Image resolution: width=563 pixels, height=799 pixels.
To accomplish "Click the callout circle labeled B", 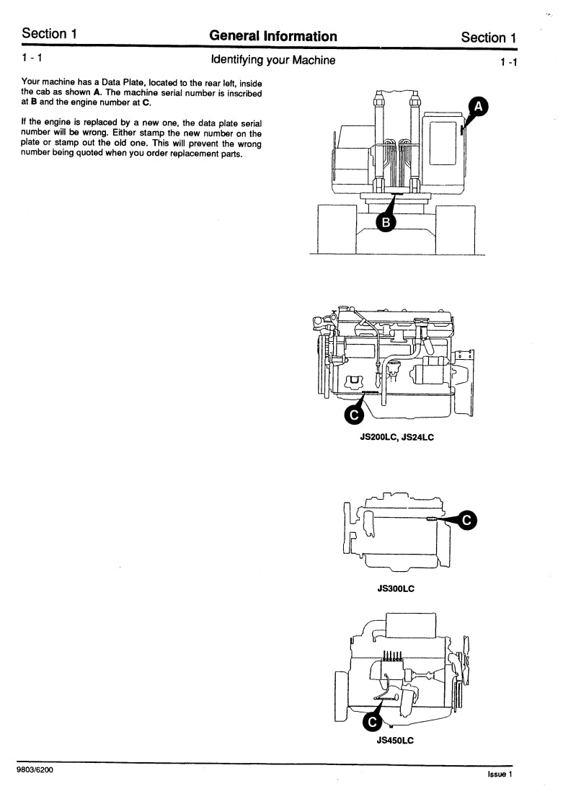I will (386, 223).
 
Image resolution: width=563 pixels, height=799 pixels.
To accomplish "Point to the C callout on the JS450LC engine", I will (372, 720).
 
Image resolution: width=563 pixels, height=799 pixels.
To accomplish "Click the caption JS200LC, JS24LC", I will (396, 437).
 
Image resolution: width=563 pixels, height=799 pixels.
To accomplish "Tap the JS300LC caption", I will (396, 588).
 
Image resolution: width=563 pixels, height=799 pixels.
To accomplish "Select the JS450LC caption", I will (394, 740).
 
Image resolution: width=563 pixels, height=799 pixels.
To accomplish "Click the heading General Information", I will (272, 36).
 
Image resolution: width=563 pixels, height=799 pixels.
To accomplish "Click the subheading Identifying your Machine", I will (272, 60).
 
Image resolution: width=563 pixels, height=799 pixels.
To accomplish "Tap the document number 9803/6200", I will (34, 770).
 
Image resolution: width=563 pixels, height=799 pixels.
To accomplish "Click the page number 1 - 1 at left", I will (32, 57).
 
